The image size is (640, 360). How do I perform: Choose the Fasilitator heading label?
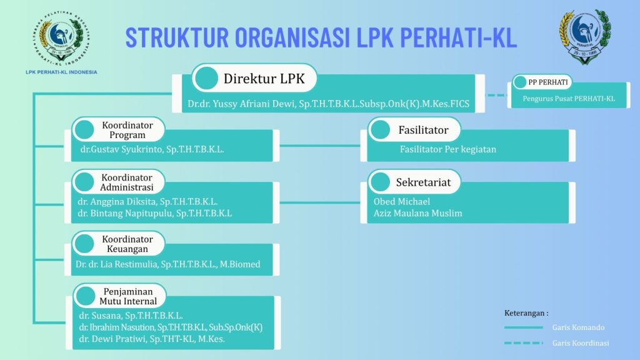click(423, 130)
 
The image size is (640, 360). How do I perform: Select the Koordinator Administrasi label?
click(127, 182)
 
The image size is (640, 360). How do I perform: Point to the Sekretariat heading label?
click(423, 182)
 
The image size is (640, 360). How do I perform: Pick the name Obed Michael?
click(402, 201)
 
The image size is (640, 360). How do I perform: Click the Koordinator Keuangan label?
click(127, 244)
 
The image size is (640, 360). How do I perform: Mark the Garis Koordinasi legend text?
click(581, 343)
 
